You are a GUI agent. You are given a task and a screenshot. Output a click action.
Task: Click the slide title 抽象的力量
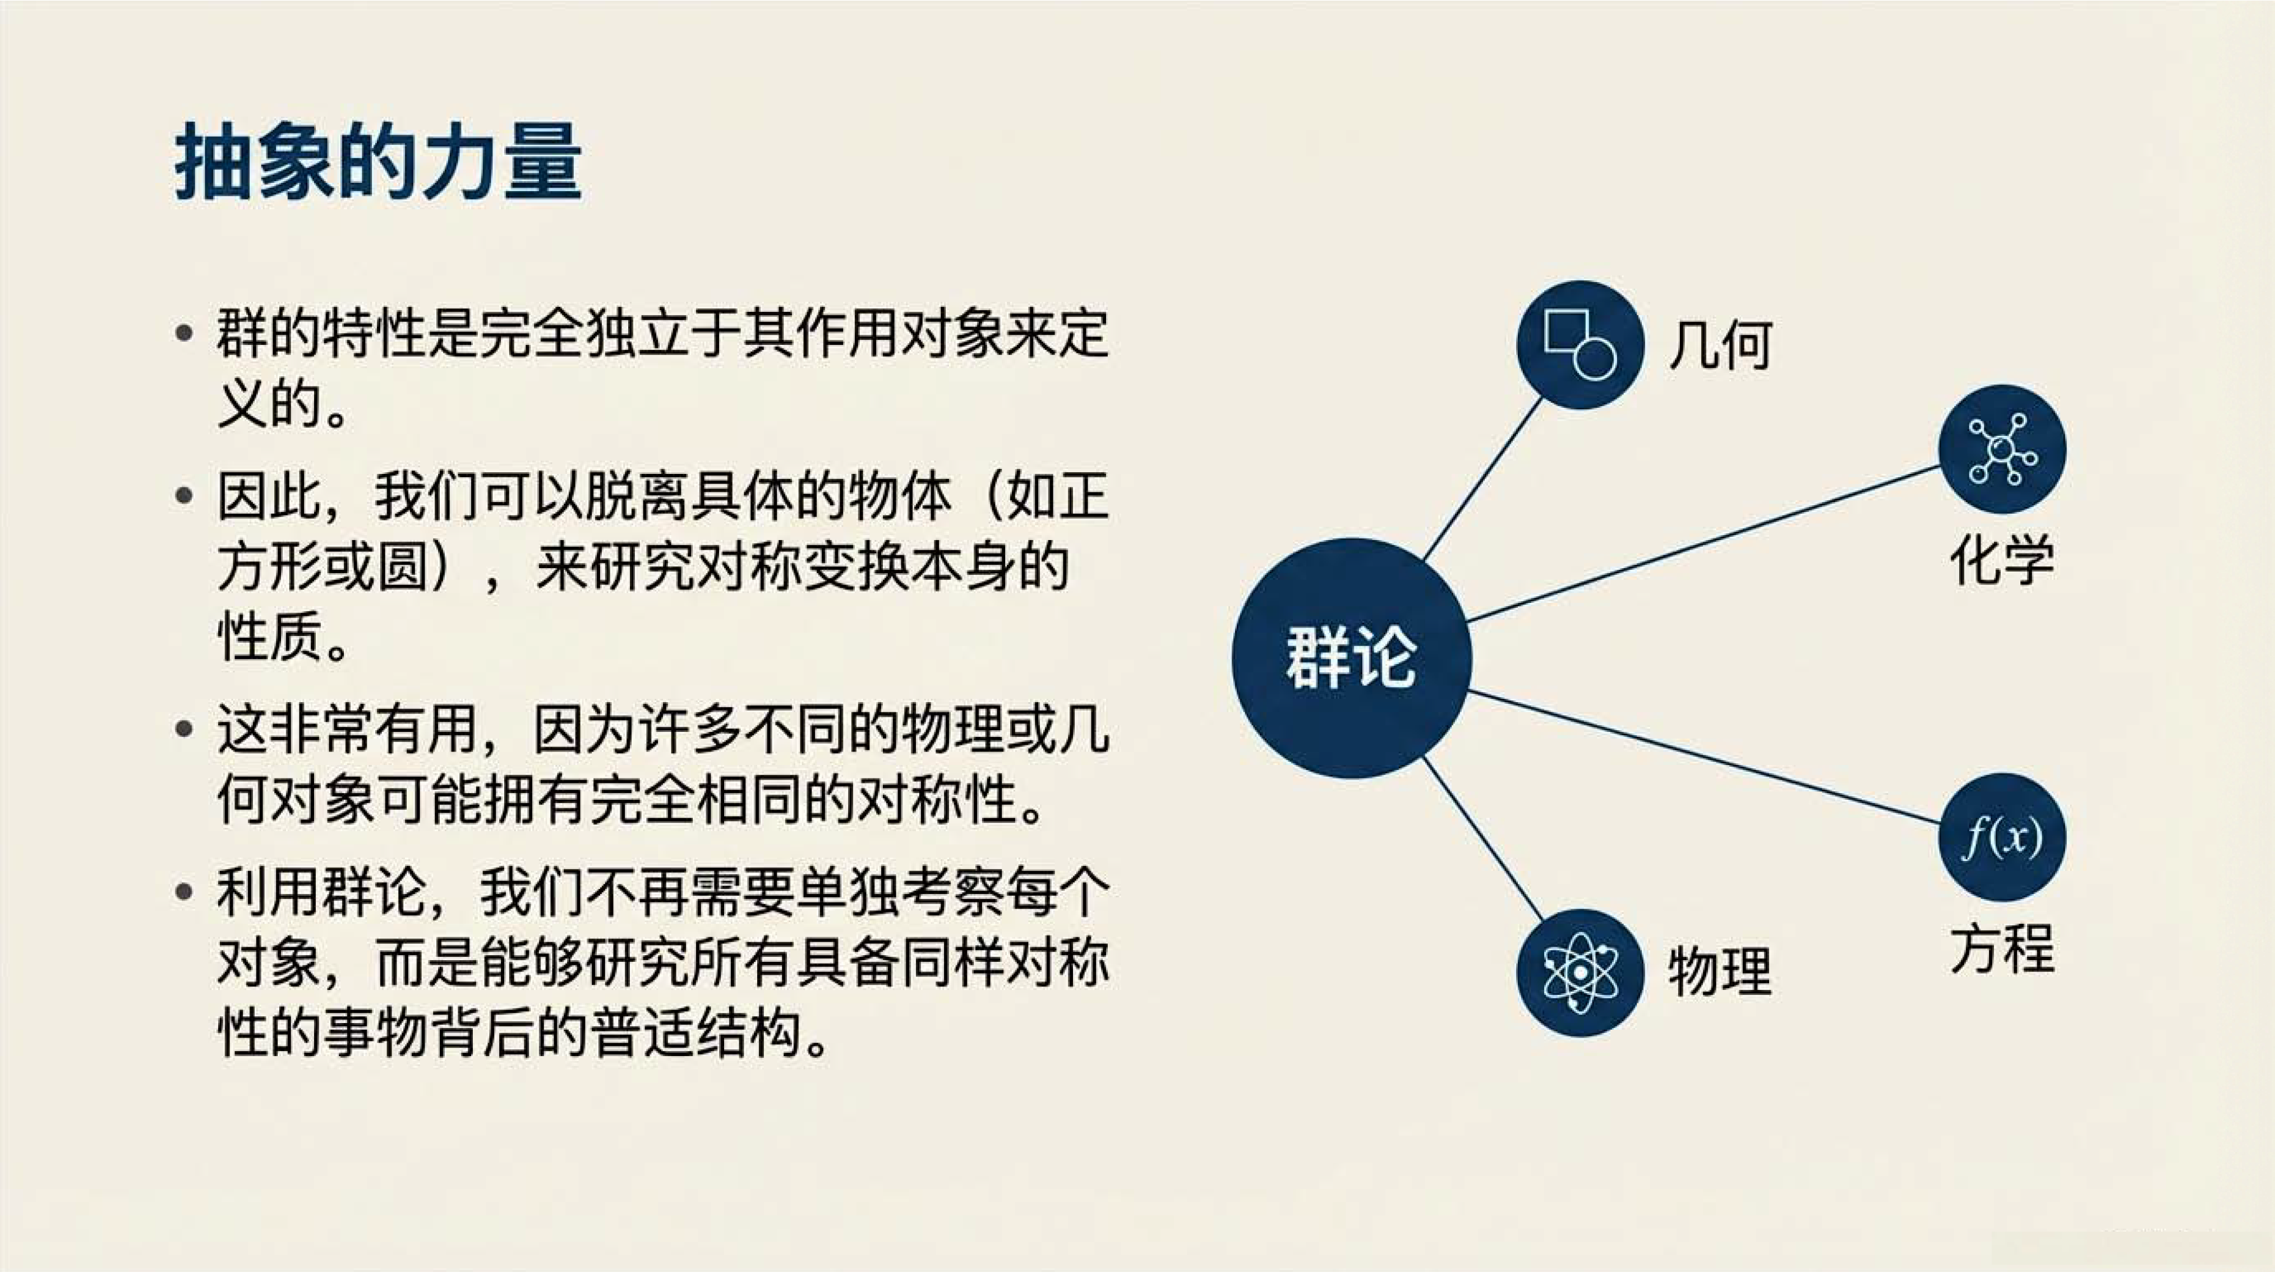point(378,163)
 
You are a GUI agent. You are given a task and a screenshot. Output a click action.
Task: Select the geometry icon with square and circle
point(1580,344)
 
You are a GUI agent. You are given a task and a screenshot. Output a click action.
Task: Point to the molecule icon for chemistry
point(2002,449)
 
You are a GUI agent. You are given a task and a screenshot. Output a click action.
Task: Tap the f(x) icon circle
point(2002,837)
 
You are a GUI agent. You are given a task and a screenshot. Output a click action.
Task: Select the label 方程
point(2002,949)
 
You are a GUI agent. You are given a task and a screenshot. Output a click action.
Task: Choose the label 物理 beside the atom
point(1720,971)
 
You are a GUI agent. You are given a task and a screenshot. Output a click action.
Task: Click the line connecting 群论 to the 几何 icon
point(1484,479)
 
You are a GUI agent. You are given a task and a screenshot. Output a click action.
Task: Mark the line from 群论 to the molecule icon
point(1703,544)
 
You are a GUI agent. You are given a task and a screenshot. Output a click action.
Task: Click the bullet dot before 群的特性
point(184,334)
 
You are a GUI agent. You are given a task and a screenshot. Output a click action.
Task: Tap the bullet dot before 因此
point(184,496)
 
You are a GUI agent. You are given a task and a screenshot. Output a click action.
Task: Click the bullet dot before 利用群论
point(184,891)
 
